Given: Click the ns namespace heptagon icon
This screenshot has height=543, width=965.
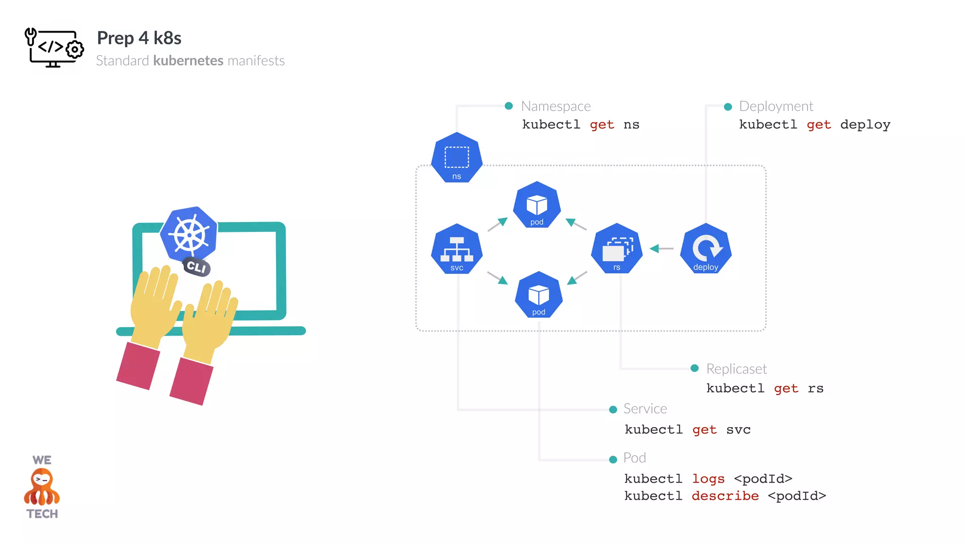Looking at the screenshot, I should [x=457, y=158].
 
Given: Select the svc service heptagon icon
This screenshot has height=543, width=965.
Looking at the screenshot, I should [x=457, y=249].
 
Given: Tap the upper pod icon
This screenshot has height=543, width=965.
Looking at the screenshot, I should [x=537, y=205].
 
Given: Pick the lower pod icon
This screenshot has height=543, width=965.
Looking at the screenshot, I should [x=539, y=295].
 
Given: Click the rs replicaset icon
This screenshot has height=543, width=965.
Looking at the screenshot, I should [x=616, y=249].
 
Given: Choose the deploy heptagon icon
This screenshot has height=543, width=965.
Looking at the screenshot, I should [x=705, y=249].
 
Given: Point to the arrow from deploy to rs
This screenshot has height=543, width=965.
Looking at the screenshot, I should [x=662, y=248].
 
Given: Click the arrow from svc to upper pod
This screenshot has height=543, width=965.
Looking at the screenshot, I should [x=498, y=224].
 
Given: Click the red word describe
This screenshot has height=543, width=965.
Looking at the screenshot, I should [x=725, y=496].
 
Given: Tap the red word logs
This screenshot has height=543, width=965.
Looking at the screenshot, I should [x=708, y=479].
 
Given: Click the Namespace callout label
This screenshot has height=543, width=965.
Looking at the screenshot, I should [x=556, y=107].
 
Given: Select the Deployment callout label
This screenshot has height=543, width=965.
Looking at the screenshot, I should [x=776, y=107].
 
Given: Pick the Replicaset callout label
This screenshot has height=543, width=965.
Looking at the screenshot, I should [x=736, y=369].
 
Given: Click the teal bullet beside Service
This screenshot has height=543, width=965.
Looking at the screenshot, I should [x=613, y=410].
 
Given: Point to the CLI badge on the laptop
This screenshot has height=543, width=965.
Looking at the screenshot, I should [x=196, y=267].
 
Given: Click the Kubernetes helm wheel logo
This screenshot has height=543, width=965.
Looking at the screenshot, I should [x=189, y=234].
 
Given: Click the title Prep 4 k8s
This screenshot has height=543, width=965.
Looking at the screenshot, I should [x=139, y=38].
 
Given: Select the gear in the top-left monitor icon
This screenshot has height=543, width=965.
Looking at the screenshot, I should [x=74, y=49].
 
